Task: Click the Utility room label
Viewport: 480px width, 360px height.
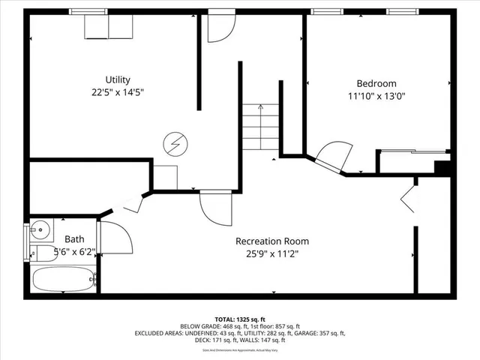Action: tap(118, 79)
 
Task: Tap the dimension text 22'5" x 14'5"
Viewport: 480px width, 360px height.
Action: tap(118, 93)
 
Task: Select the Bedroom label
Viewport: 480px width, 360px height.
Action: tap(376, 83)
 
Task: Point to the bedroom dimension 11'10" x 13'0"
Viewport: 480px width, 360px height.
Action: tap(376, 96)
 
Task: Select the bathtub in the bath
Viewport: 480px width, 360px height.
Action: tap(64, 280)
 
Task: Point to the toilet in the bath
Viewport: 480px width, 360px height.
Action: tap(45, 253)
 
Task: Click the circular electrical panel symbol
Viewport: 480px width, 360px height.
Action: tap(175, 141)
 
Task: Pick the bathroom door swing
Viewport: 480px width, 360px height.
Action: tap(115, 238)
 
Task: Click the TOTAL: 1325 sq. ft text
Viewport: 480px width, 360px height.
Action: tap(239, 318)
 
